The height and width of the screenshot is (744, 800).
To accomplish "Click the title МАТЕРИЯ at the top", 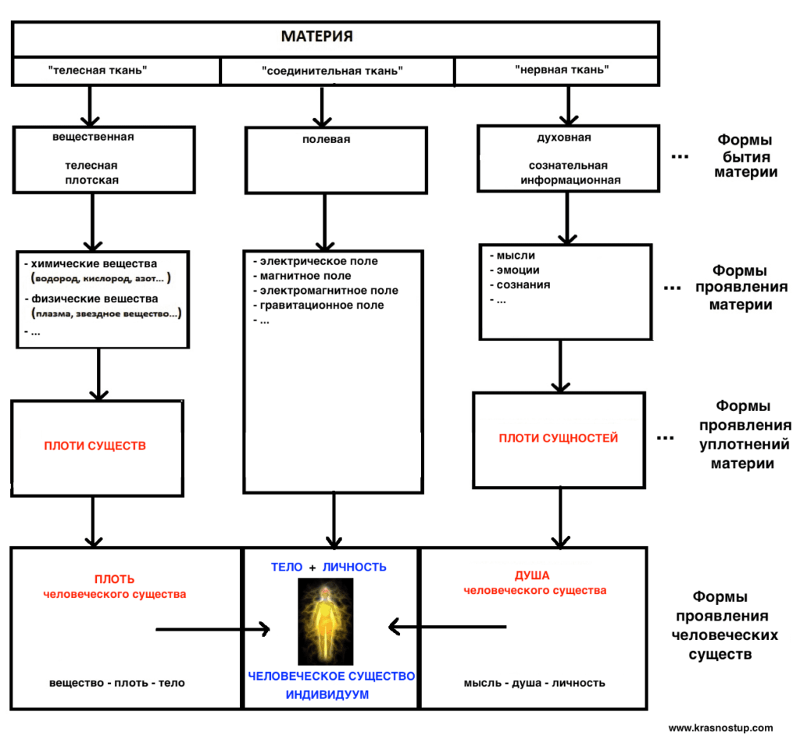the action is point(317,36).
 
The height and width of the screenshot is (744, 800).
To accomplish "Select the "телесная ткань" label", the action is point(98,70).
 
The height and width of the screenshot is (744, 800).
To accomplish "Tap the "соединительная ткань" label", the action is point(332,71).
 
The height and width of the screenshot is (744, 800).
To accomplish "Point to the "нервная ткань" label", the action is point(562,70).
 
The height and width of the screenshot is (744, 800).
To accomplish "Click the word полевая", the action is point(326,139).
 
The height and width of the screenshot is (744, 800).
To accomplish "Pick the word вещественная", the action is point(93,137).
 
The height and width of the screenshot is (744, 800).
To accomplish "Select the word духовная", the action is point(564,138).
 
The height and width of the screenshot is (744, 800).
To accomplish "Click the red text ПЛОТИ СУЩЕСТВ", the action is point(95,446).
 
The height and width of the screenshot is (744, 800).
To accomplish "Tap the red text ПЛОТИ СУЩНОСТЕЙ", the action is point(558,438).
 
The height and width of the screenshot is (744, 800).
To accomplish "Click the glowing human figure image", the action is point(326,621).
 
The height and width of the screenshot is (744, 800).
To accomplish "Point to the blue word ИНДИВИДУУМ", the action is point(327,695).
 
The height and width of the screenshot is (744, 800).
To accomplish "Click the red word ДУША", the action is point(531,576).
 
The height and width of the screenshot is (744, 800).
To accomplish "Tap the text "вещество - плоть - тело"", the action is point(117,683).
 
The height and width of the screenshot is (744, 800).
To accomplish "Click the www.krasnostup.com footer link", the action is point(720,728).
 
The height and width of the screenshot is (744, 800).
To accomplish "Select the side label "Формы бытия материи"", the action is point(745,156).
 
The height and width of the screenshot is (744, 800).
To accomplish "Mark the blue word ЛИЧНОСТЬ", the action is point(354,567).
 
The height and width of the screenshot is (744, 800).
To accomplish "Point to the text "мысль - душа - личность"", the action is point(534,683).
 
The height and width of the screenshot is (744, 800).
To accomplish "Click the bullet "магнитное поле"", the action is point(305,276).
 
